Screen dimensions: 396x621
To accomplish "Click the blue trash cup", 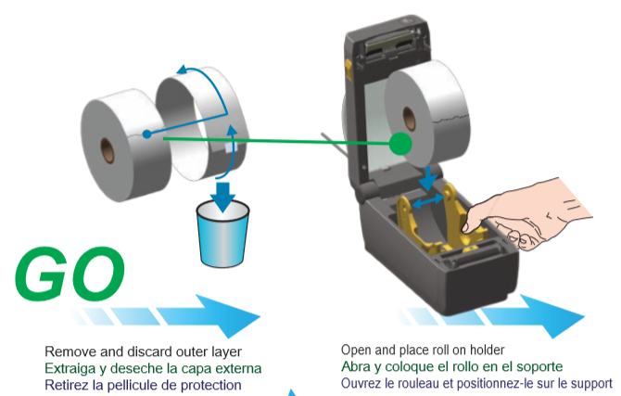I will click(x=223, y=235).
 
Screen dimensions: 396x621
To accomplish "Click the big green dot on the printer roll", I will click(x=400, y=143).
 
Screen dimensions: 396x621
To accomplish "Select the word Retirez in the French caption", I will click(x=66, y=384).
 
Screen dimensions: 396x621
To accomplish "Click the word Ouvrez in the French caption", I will click(x=361, y=383).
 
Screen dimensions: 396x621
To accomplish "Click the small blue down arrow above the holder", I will click(x=427, y=173).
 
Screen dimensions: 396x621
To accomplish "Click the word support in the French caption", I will click(x=589, y=383).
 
